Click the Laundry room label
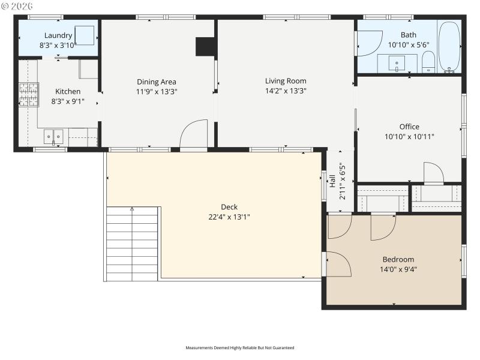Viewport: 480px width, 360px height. click(x=58, y=35)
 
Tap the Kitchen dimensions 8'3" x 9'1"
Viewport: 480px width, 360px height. click(x=68, y=101)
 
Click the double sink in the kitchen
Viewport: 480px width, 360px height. click(x=53, y=137)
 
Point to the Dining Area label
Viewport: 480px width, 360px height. click(x=157, y=82)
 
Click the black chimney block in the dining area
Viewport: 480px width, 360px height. click(x=206, y=47)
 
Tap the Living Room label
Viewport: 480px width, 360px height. click(x=286, y=81)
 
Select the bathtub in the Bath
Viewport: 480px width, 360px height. click(x=449, y=47)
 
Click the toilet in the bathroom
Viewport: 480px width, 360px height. click(x=428, y=61)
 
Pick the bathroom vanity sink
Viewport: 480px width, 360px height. click(x=397, y=62)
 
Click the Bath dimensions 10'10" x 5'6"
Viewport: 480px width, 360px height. click(x=409, y=44)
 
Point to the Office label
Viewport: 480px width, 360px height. click(x=409, y=127)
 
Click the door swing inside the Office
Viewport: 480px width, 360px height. click(x=433, y=172)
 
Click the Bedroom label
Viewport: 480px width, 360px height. click(x=398, y=259)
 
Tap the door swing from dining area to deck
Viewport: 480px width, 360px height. click(x=193, y=134)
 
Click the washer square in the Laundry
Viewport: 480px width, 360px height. click(x=85, y=35)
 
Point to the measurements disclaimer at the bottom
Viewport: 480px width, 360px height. click(x=240, y=347)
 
